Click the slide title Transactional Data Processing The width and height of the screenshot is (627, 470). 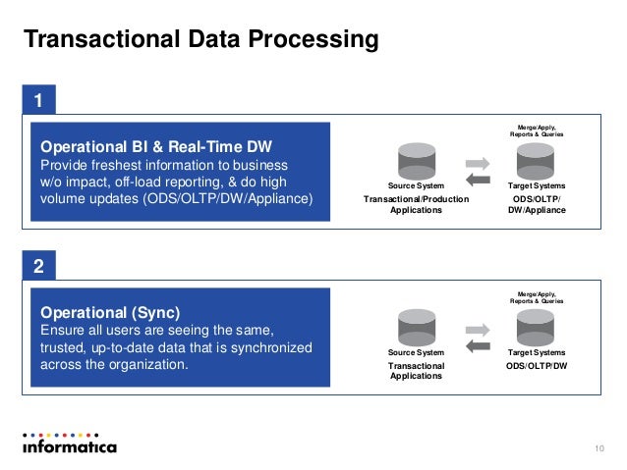point(200,40)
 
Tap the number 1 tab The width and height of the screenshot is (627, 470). point(38,101)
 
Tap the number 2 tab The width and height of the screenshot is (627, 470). point(38,266)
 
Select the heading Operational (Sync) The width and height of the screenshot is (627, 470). point(109,313)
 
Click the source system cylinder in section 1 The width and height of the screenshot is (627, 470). point(416,160)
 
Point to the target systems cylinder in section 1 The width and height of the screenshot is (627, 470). point(536,160)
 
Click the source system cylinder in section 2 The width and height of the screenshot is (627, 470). point(416,325)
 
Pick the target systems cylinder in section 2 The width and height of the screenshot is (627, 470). point(536,325)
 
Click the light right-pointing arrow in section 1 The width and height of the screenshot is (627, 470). point(477,162)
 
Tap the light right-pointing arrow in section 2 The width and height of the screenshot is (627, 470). point(477,329)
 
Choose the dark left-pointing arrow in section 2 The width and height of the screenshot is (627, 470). point(477,345)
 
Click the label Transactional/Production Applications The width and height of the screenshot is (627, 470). point(417,204)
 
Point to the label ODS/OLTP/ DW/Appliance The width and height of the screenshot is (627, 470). point(536,204)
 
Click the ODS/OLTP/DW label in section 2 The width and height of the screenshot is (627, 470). point(536,365)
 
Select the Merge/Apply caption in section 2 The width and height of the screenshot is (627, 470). point(536,295)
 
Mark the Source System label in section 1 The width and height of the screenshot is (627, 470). point(417,185)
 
